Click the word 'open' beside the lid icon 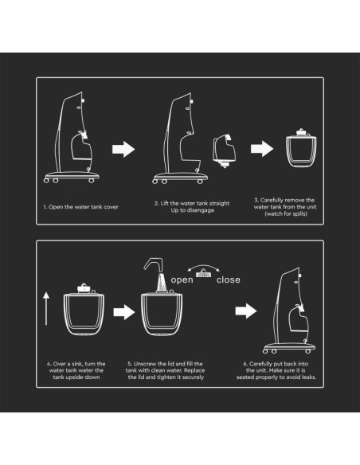(x=182, y=280)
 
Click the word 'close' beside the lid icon (x=229, y=279)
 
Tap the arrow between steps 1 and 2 (x=123, y=149)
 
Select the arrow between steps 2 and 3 (x=262, y=149)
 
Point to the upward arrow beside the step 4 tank (x=46, y=308)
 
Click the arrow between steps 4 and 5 (x=124, y=312)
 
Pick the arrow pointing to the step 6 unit (x=246, y=311)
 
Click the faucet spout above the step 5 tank (x=155, y=264)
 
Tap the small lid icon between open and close (x=203, y=273)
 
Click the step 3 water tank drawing (x=301, y=148)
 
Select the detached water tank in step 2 (x=225, y=151)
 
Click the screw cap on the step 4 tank (x=84, y=288)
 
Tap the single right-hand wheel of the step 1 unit (x=92, y=180)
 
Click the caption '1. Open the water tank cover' (x=80, y=207)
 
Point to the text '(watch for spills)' (x=286, y=214)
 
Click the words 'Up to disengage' (x=193, y=210)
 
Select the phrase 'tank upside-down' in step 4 (x=76, y=377)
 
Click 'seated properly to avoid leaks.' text (x=276, y=377)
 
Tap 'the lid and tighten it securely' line (x=166, y=377)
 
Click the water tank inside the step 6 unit (x=299, y=320)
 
